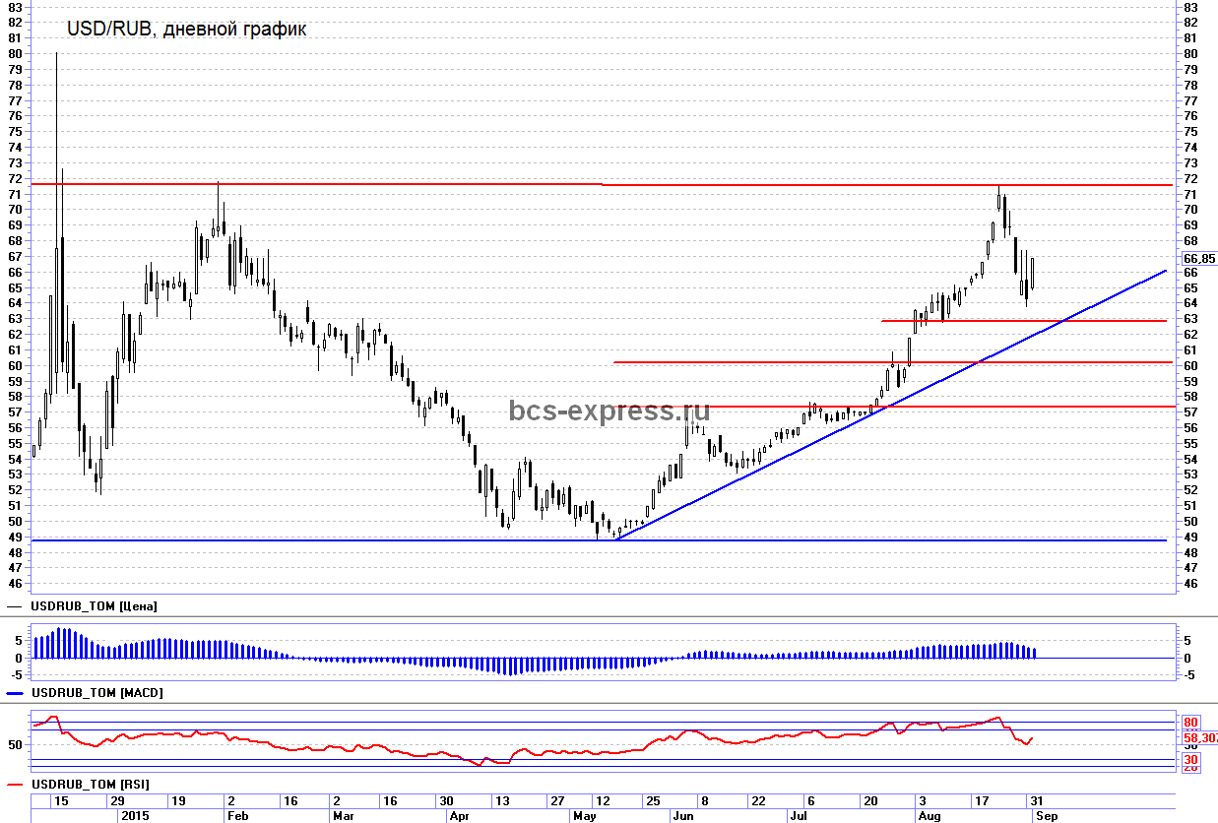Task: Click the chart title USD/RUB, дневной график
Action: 186,30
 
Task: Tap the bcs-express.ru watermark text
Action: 609,411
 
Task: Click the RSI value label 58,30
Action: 1199,738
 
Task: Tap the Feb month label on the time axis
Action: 237,816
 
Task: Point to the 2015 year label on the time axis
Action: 135,816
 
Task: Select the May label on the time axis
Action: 584,816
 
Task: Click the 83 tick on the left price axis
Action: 15,7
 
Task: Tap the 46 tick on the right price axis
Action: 1190,584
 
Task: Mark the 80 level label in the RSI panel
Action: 1190,723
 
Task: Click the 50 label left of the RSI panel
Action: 15,745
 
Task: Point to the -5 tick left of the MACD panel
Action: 15,675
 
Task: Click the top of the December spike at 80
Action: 57,53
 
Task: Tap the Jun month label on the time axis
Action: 682,816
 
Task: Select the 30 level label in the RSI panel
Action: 1190,760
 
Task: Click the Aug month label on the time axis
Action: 929,816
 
